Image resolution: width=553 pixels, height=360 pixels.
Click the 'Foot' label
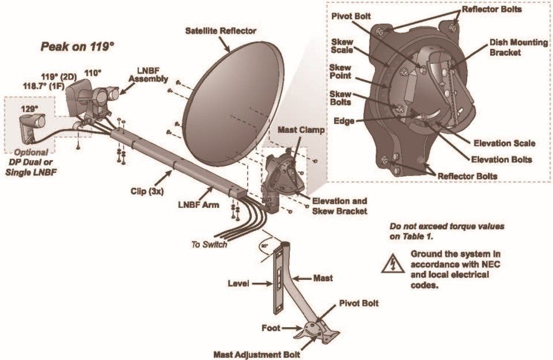pos(269,329)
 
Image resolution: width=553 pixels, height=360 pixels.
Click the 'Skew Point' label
pos(340,72)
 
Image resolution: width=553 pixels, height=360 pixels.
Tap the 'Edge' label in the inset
pos(344,121)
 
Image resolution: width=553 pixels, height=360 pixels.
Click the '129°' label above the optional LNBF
pos(29,108)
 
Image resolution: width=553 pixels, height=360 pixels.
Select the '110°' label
pos(93,73)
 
